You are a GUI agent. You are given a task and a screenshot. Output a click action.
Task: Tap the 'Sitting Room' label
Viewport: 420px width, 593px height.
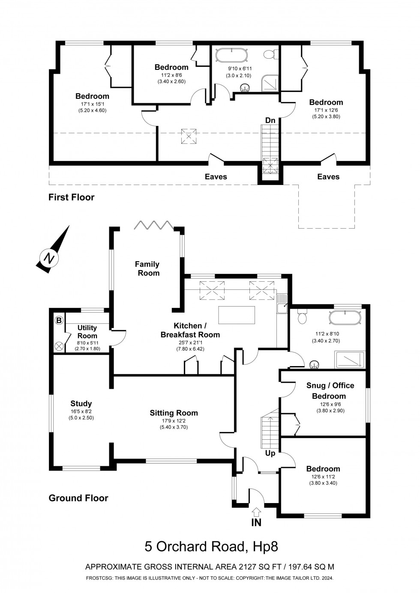pyautogui.click(x=174, y=413)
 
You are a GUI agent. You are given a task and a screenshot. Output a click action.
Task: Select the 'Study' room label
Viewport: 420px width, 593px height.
pyautogui.click(x=81, y=403)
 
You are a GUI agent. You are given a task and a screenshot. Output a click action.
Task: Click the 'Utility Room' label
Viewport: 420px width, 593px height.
pyautogui.click(x=87, y=332)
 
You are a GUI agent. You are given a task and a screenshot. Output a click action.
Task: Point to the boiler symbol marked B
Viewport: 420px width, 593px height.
pyautogui.click(x=59, y=320)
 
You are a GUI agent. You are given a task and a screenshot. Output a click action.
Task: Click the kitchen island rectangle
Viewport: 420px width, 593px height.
pyautogui.click(x=236, y=315)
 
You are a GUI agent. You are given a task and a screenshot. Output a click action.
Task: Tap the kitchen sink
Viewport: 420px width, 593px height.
pyautogui.click(x=282, y=307)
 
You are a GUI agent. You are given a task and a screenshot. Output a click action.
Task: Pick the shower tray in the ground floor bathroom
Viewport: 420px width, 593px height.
pyautogui.click(x=350, y=360)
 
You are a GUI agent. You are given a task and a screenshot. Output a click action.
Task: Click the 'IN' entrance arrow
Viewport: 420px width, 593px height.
pyautogui.click(x=256, y=511)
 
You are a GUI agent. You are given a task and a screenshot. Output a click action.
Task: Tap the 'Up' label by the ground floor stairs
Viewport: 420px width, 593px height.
pyautogui.click(x=270, y=453)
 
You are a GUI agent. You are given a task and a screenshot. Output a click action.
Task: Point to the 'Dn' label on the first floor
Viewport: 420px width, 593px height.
pyautogui.click(x=270, y=120)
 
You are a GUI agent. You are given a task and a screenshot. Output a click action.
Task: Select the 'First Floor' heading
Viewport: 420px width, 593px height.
pyautogui.click(x=71, y=197)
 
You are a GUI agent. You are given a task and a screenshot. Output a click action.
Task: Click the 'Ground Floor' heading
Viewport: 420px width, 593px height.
pyautogui.click(x=78, y=498)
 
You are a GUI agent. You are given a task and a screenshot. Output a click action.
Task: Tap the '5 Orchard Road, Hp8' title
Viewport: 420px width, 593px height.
pyautogui.click(x=211, y=546)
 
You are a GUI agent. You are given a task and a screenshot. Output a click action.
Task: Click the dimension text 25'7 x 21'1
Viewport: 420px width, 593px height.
pyautogui.click(x=190, y=342)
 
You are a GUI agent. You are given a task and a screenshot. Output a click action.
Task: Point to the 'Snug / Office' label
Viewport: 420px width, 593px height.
pyautogui.click(x=330, y=385)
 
